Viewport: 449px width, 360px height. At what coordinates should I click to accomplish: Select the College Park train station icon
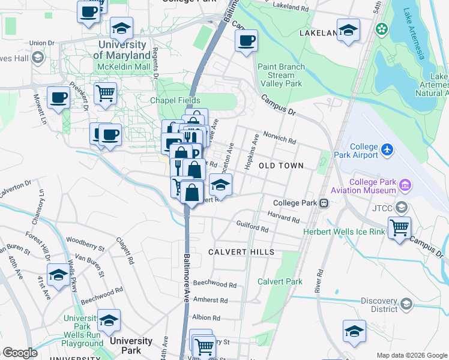click(324, 203)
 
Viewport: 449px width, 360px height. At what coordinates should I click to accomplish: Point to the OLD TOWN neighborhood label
click(281, 165)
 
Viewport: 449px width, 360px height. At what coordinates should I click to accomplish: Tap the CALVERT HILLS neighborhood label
click(241, 252)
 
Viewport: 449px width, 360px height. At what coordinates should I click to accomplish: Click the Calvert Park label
click(280, 281)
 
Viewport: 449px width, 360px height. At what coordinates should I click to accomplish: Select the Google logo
click(20, 353)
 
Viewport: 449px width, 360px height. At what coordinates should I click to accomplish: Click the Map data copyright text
click(411, 355)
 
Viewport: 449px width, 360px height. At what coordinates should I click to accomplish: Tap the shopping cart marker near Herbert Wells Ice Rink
click(399, 228)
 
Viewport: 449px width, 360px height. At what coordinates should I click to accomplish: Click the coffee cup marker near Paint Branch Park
click(246, 41)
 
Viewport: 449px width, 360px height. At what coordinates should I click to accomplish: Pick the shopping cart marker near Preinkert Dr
click(105, 93)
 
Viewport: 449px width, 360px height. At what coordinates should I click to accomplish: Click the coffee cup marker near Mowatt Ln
click(58, 97)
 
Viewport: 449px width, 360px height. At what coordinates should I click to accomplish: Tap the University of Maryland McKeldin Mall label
click(122, 50)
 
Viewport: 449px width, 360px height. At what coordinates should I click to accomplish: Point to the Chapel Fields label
click(175, 100)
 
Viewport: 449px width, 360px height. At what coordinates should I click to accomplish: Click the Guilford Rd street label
click(252, 228)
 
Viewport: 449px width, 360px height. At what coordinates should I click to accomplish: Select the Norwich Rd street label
click(283, 142)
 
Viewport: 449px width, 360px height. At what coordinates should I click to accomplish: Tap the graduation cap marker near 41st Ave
click(58, 275)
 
